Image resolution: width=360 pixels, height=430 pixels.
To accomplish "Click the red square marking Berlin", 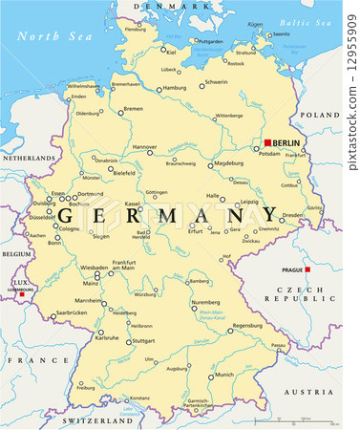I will (268, 142).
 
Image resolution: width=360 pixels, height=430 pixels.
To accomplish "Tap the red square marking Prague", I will (307, 269).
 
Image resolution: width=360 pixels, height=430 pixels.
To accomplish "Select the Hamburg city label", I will (174, 88).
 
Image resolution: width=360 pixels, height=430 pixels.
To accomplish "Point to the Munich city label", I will (223, 376).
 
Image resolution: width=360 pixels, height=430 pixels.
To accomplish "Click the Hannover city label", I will (144, 147).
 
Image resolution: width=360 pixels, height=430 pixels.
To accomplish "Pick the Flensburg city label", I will (137, 30).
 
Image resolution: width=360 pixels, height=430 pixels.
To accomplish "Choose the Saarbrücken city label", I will (69, 312).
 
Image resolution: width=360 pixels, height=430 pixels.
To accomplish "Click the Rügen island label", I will (255, 24).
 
